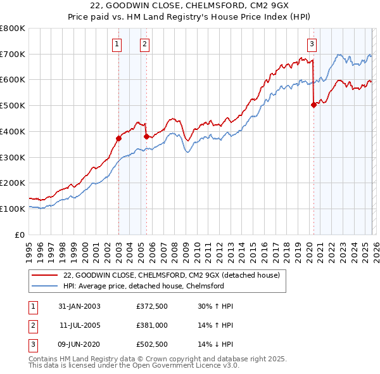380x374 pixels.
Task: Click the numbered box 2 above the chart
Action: [145, 44]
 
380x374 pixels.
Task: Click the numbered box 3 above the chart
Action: [312, 44]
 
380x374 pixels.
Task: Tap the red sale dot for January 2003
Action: [118, 138]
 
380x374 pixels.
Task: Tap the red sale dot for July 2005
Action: [146, 136]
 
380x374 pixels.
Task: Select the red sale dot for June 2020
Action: [313, 105]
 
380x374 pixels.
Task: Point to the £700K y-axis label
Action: [12, 55]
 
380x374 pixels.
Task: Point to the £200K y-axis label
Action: [12, 183]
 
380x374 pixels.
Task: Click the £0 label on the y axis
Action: [19, 235]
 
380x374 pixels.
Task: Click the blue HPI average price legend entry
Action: [143, 286]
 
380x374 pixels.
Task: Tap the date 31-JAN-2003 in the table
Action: [79, 306]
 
